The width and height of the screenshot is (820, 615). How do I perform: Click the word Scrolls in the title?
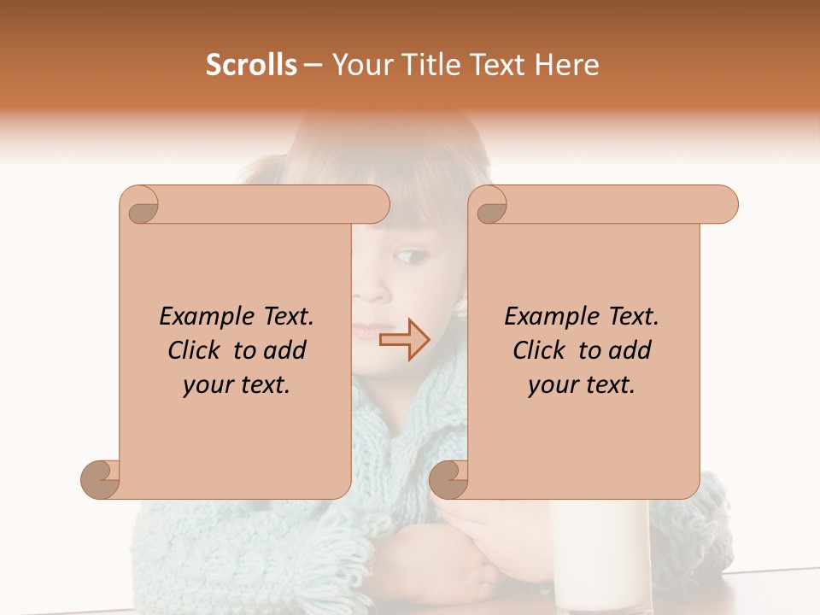tap(252, 64)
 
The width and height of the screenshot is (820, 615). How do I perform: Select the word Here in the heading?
tap(565, 64)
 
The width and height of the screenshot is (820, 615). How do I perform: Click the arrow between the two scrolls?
tap(404, 340)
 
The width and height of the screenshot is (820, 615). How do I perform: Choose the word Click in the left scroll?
tap(196, 350)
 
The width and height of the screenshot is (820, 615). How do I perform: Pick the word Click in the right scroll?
tap(541, 350)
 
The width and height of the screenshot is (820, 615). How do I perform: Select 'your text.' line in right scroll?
tap(582, 385)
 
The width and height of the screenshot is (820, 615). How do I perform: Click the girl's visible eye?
tap(412, 255)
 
